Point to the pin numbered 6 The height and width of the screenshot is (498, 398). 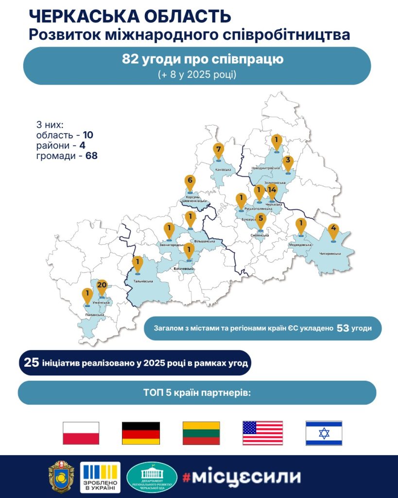tap(190, 182)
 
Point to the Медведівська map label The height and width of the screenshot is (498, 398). tap(300, 245)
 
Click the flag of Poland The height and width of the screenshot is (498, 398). tap(81, 433)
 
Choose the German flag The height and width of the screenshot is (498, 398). tap(140, 433)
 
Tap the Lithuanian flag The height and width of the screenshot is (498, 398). tap(201, 433)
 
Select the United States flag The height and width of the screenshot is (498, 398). tap(262, 433)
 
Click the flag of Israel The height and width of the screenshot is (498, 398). tap(324, 433)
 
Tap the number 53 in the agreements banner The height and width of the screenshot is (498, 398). tap(343, 328)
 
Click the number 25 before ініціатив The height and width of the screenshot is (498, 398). tap(32, 363)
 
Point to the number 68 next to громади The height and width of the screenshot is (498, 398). tap(91, 156)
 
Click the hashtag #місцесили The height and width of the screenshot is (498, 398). tap(242, 476)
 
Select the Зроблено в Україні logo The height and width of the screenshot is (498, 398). tap(100, 477)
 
